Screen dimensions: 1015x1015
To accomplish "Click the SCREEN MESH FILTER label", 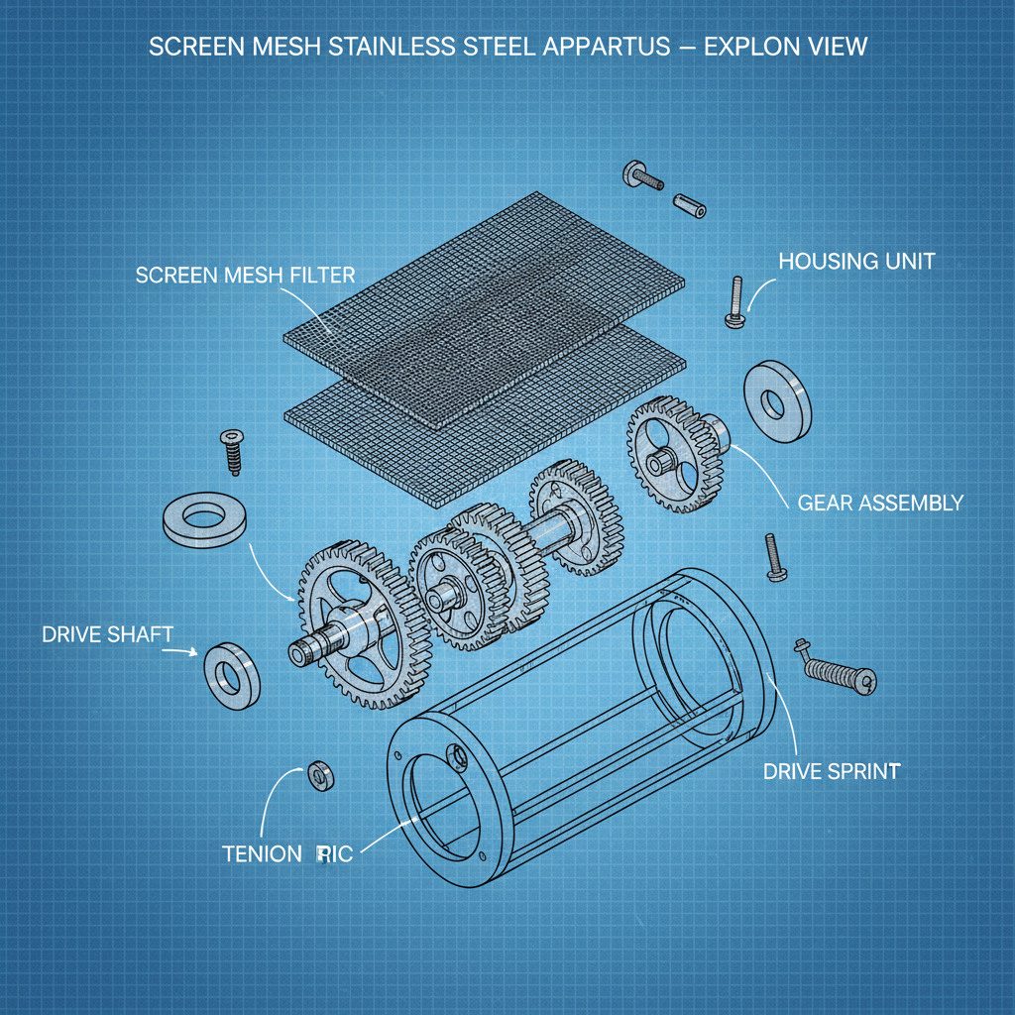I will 245,275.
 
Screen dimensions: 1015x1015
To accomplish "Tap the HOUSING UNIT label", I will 856,262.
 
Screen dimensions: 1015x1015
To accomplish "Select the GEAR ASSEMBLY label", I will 879,503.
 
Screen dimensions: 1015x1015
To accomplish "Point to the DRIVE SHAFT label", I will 107,633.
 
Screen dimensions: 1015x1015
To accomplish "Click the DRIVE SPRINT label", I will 832,770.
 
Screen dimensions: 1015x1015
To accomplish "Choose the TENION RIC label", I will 286,853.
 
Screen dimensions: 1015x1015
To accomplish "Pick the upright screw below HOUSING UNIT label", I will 734,301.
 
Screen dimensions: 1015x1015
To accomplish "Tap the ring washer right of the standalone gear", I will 776,401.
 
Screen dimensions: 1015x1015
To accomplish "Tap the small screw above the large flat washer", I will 235,452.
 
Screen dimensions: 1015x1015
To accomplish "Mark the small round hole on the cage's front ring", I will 458,755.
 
